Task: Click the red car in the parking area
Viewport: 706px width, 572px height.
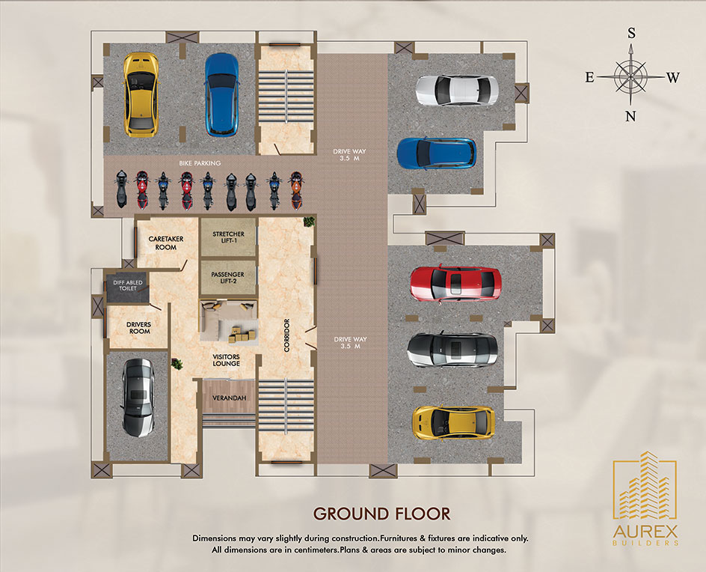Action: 455,284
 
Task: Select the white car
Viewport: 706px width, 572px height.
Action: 456,91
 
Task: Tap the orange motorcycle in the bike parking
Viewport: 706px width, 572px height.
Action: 296,189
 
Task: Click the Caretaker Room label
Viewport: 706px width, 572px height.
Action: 166,243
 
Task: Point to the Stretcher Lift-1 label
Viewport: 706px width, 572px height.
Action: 228,237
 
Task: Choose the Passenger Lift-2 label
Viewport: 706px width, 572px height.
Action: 228,278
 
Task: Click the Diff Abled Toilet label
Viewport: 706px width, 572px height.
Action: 127,285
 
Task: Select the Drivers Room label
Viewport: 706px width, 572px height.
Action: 138,328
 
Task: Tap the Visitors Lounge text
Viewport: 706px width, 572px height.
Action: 226,360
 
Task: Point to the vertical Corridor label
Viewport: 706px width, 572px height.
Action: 287,335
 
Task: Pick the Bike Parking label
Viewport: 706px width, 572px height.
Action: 200,163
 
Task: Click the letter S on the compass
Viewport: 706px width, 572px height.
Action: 632,34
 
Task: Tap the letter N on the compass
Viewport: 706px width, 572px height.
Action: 630,116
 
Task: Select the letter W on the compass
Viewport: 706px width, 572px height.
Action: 673,78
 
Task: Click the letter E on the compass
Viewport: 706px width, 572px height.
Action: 589,78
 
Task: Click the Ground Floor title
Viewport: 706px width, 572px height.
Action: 382,514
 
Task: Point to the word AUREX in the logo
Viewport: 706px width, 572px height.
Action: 645,532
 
